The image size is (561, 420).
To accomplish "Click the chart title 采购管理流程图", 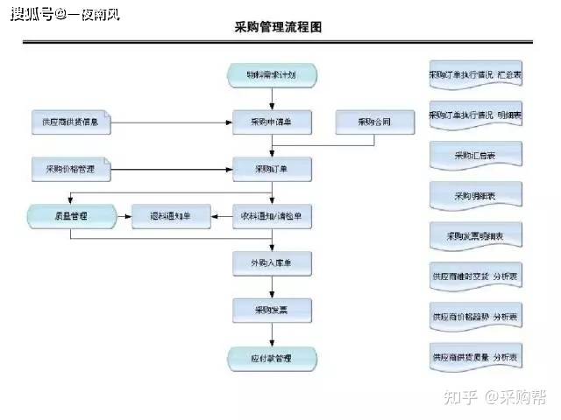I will (279, 27).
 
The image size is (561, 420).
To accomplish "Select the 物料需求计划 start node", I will (271, 75).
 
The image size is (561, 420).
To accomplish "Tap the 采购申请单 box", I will (271, 121).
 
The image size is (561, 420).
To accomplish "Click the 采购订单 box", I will (271, 168).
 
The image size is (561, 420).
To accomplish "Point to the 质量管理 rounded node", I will (71, 214).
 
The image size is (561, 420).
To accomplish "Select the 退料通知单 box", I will (172, 214).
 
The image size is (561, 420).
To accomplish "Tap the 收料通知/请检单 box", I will (271, 214).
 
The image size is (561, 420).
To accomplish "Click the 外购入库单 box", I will (271, 262).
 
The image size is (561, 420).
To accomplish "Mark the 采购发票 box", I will (271, 310).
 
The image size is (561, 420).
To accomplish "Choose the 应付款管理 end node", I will (271, 357).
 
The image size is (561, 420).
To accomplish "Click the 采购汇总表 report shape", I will (476, 156).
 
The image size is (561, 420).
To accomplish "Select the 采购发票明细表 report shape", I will (476, 235).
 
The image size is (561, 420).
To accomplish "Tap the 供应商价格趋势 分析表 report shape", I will (476, 316).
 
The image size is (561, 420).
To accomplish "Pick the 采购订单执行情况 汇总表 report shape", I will (476, 75).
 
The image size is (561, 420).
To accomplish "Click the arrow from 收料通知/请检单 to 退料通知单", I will (222, 214).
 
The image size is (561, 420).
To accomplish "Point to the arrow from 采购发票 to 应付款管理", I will (271, 335).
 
